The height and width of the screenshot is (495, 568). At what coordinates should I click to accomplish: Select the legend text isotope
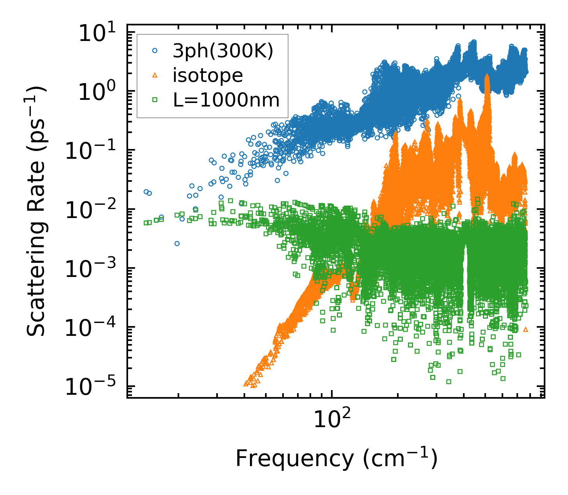[x=208, y=75]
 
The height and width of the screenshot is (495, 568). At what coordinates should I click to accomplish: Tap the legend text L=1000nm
[x=226, y=100]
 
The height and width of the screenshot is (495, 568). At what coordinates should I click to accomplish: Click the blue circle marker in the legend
[x=155, y=51]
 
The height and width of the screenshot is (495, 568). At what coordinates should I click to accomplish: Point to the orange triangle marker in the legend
[x=155, y=75]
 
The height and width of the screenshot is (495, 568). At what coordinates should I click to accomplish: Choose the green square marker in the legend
[x=155, y=100]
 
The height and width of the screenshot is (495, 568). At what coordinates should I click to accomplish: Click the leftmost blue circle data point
[x=146, y=192]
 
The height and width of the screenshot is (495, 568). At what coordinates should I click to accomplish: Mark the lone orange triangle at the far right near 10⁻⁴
[x=525, y=330]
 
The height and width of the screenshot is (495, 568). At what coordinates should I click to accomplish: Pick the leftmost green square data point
[x=146, y=223]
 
